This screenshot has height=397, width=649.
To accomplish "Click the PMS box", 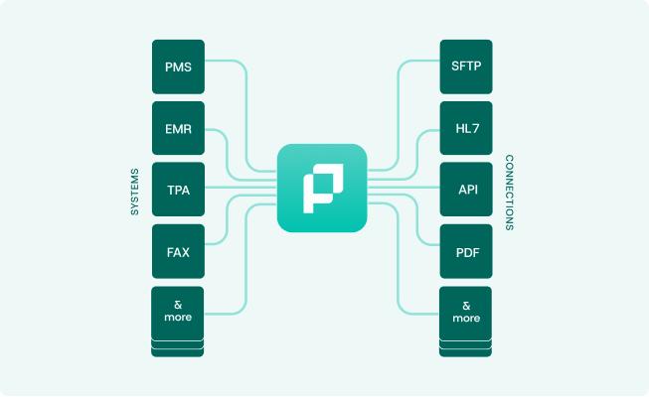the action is pos(178,66).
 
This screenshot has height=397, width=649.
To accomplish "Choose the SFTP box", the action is pos(465,66).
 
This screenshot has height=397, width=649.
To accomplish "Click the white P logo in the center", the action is pos(322,188).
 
